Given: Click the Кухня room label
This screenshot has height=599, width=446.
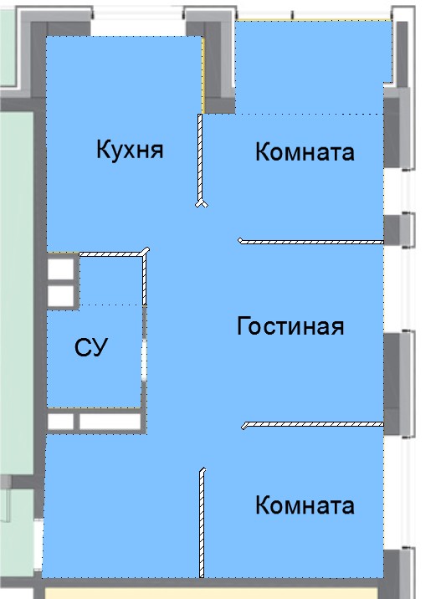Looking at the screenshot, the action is tap(130, 150).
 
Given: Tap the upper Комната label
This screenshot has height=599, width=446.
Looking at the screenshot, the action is tap(305, 151).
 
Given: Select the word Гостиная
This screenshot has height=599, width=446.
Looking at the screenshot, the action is tap(290, 326).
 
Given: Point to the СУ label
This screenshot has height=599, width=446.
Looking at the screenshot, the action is tap(91, 347).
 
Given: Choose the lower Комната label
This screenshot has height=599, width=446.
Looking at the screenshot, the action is tap(305, 505).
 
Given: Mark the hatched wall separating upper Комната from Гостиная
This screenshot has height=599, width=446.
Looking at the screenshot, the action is tap(310, 242).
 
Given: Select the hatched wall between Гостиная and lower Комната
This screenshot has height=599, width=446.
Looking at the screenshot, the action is tap(313, 424).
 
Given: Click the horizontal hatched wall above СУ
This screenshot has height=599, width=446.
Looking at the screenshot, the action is tap(114, 253).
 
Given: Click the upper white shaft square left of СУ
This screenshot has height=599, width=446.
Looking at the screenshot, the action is tap(60, 269).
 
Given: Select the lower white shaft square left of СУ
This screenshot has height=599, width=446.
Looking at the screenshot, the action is tap(60, 296).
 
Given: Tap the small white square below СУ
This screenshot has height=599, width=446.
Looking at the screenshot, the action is tap(60, 422).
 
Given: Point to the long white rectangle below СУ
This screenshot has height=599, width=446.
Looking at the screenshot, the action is tap(110, 422).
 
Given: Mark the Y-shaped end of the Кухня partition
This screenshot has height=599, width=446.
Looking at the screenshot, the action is tap(202, 203).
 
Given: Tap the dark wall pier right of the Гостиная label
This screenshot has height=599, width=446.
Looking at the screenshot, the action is tap(392, 384).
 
